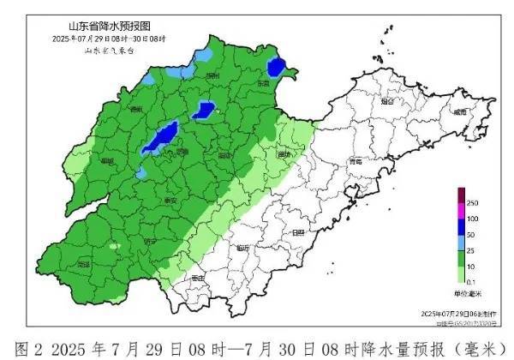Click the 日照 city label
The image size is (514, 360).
(x=298, y=232)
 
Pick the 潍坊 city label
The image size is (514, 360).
(x=284, y=154)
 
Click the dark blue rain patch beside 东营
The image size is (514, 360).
(x=276, y=66)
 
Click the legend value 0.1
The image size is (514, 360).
(x=472, y=280)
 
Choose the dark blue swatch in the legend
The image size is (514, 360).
(x=460, y=226)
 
